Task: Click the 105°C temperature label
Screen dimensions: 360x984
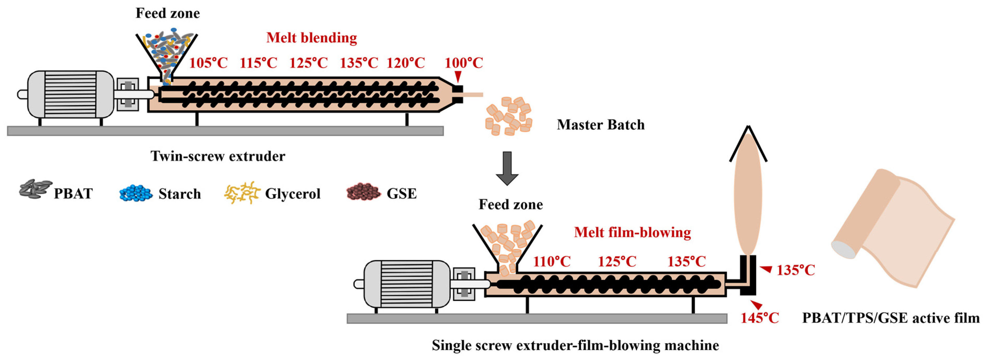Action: tap(208, 63)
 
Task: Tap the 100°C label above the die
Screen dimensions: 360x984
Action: tap(463, 63)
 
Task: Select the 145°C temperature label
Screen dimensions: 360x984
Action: tap(759, 318)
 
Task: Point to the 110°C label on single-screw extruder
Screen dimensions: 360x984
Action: tap(552, 262)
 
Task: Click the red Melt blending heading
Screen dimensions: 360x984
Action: tap(311, 38)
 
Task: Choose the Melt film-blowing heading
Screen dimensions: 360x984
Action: tap(632, 232)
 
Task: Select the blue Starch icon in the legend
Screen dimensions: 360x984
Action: tap(136, 193)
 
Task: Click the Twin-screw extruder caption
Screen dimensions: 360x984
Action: tap(218, 156)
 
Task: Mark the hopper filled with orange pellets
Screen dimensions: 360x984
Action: tap(507, 245)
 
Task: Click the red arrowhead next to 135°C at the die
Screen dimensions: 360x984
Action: tap(766, 270)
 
